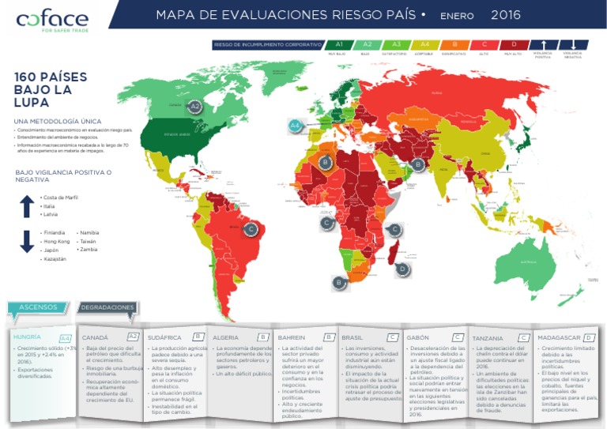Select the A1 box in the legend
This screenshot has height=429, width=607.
pos(338,45)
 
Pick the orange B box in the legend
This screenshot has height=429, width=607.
pos(454,45)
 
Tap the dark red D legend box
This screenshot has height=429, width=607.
pos(513,45)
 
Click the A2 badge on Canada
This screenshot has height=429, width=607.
pos(195,106)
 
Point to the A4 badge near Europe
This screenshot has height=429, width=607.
pos(295,125)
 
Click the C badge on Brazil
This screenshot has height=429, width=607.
pos(251,230)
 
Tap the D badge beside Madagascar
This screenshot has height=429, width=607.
pos(402,269)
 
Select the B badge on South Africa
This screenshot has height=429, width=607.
pos(338,281)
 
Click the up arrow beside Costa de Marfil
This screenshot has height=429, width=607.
pos(26,205)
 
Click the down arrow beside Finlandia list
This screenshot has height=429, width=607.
pos(26,242)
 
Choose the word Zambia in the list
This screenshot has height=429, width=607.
pos(89,249)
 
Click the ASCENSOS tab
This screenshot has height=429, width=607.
pos(39,307)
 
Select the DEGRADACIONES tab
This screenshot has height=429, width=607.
pos(107,307)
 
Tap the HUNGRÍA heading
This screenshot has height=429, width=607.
pos(28,337)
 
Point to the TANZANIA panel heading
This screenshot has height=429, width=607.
pos(487,337)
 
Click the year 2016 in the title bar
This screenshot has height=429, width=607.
pos(506,15)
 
